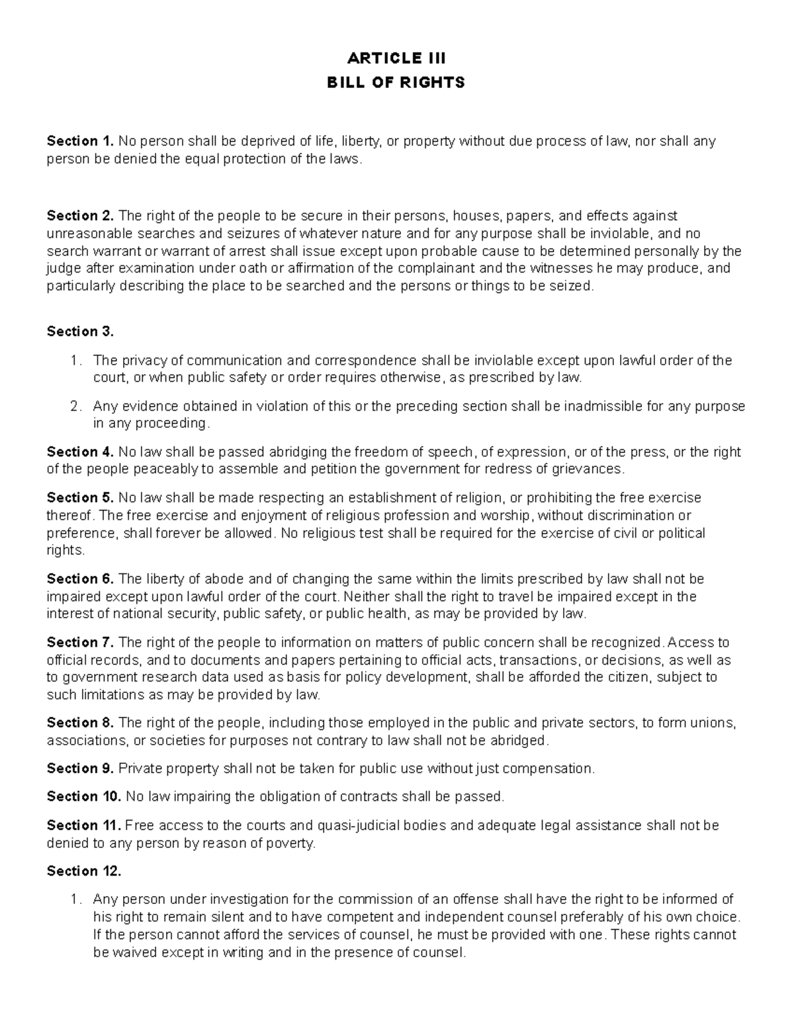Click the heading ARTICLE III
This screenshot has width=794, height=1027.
click(396, 58)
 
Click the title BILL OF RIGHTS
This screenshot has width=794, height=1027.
click(396, 83)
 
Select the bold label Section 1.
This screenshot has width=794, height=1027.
click(81, 141)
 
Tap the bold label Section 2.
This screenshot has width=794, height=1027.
click(81, 216)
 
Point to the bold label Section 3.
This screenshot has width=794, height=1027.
click(81, 331)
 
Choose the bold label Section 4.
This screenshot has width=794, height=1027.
click(81, 452)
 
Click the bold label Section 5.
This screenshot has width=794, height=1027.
click(81, 497)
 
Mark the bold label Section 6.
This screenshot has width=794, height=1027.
click(81, 579)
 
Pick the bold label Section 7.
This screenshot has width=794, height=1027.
click(81, 642)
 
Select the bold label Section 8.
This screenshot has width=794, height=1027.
click(81, 723)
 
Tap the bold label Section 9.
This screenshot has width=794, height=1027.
click(81, 768)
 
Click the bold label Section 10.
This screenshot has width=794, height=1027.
click(84, 797)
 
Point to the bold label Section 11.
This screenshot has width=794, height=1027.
click(84, 825)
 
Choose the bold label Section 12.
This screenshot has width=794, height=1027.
click(84, 871)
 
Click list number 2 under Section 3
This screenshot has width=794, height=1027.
click(75, 406)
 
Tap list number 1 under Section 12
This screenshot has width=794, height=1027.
click(75, 899)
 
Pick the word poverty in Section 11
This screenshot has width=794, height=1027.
click(288, 844)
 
